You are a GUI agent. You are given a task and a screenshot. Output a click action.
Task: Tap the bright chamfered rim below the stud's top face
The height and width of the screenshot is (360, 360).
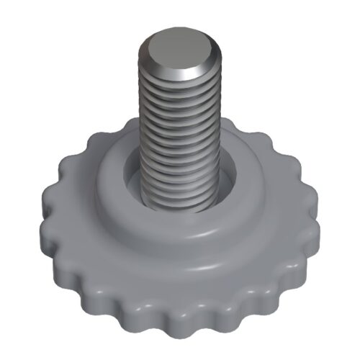pos(180,73)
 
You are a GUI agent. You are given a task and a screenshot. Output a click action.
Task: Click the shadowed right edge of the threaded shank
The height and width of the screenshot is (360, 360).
pos(213,137)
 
